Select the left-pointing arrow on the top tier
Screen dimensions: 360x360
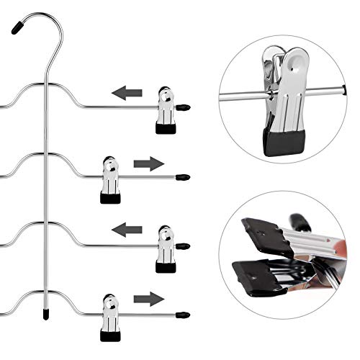pyautogui.click(x=127, y=93)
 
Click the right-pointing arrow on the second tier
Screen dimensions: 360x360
pyautogui.click(x=149, y=163)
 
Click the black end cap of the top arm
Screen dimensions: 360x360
pyautogui.click(x=184, y=107)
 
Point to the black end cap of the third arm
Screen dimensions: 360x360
pyautogui.click(x=184, y=246)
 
